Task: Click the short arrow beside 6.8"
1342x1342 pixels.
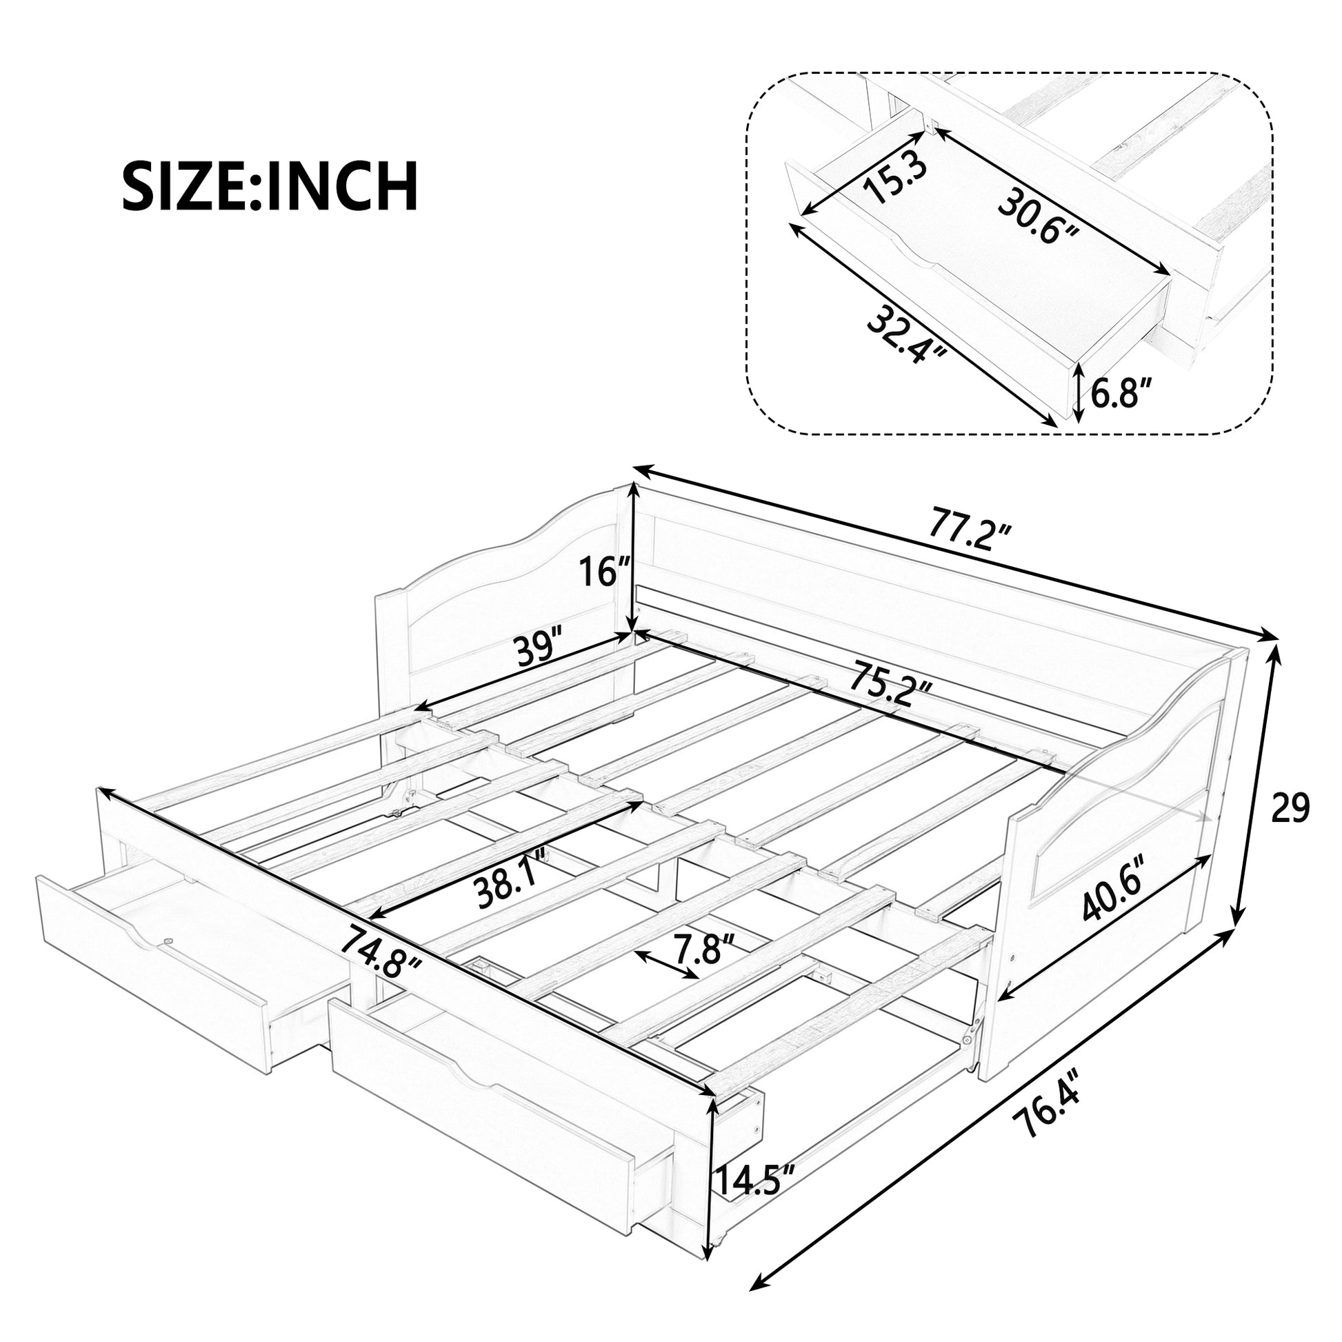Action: point(1077,394)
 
